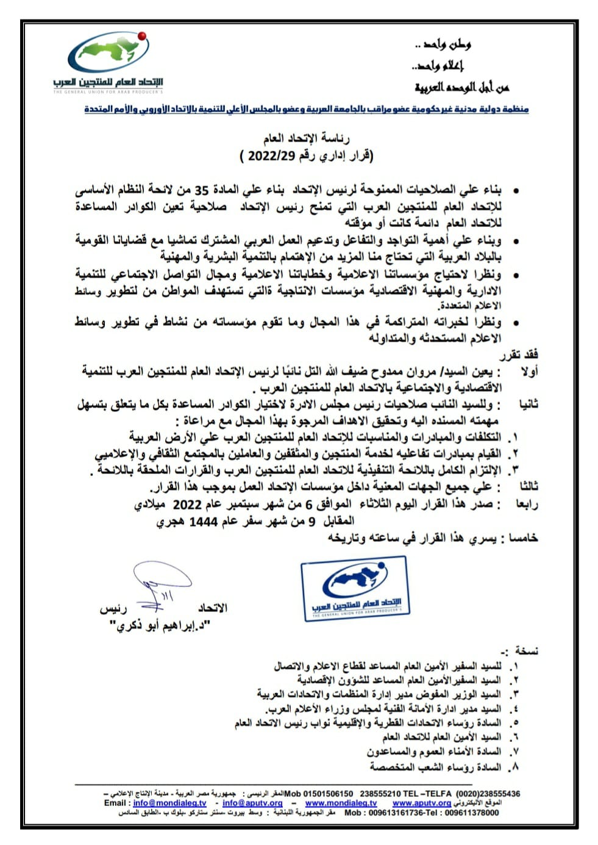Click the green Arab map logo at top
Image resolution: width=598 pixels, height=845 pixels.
[x=109, y=53]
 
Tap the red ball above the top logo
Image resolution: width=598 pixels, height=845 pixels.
[x=143, y=36]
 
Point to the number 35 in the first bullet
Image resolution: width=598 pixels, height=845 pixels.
[x=376, y=190]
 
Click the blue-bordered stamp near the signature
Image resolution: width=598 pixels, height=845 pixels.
[x=355, y=588]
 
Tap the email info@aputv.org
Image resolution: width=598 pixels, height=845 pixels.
[x=252, y=803]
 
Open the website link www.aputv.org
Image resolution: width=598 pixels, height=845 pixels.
[x=422, y=803]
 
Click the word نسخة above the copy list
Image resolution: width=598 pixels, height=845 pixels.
[x=527, y=651]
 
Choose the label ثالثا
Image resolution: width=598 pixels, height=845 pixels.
[x=528, y=486]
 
